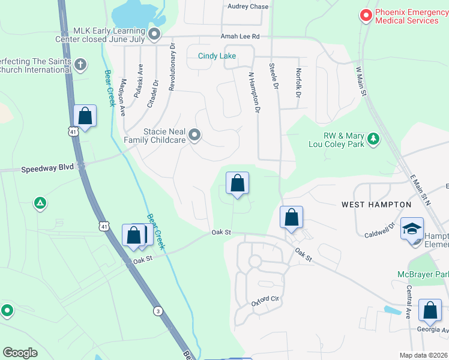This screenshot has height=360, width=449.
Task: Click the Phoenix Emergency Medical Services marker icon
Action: point(364,16)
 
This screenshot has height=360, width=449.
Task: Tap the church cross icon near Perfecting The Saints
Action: point(80,64)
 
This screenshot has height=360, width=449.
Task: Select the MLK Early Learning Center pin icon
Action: point(155,35)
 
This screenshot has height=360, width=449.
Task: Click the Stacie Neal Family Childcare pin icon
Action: point(194,136)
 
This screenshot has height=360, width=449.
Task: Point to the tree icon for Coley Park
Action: point(374,139)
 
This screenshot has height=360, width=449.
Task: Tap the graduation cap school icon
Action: point(412,229)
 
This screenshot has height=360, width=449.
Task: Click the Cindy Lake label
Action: point(217,56)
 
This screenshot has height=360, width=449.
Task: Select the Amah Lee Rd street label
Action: point(240,37)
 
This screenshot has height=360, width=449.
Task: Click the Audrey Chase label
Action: point(248,7)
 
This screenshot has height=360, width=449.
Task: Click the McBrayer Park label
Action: point(423,274)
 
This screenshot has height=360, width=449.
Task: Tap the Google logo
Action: point(20,353)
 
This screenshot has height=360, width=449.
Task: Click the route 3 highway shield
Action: point(157,310)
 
